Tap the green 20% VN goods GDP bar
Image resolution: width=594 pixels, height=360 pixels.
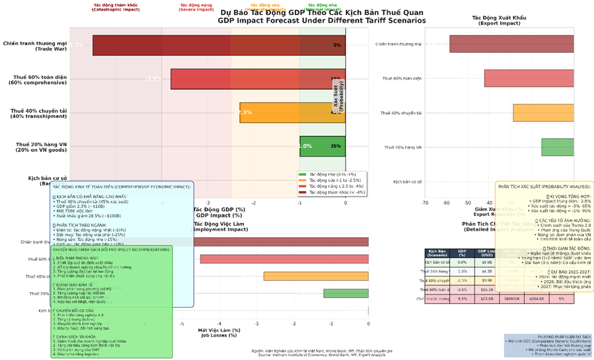(x=322, y=146)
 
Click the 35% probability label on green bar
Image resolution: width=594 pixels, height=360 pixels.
(x=336, y=146)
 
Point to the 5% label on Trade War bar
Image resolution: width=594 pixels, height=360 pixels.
(x=337, y=45)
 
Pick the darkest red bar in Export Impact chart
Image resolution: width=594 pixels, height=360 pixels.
(x=511, y=44)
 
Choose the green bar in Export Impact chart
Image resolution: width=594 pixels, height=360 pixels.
(x=558, y=147)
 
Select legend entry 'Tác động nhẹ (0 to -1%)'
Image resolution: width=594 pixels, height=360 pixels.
(x=324, y=174)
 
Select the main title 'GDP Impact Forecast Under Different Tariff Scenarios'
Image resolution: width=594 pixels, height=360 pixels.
(x=321, y=21)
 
